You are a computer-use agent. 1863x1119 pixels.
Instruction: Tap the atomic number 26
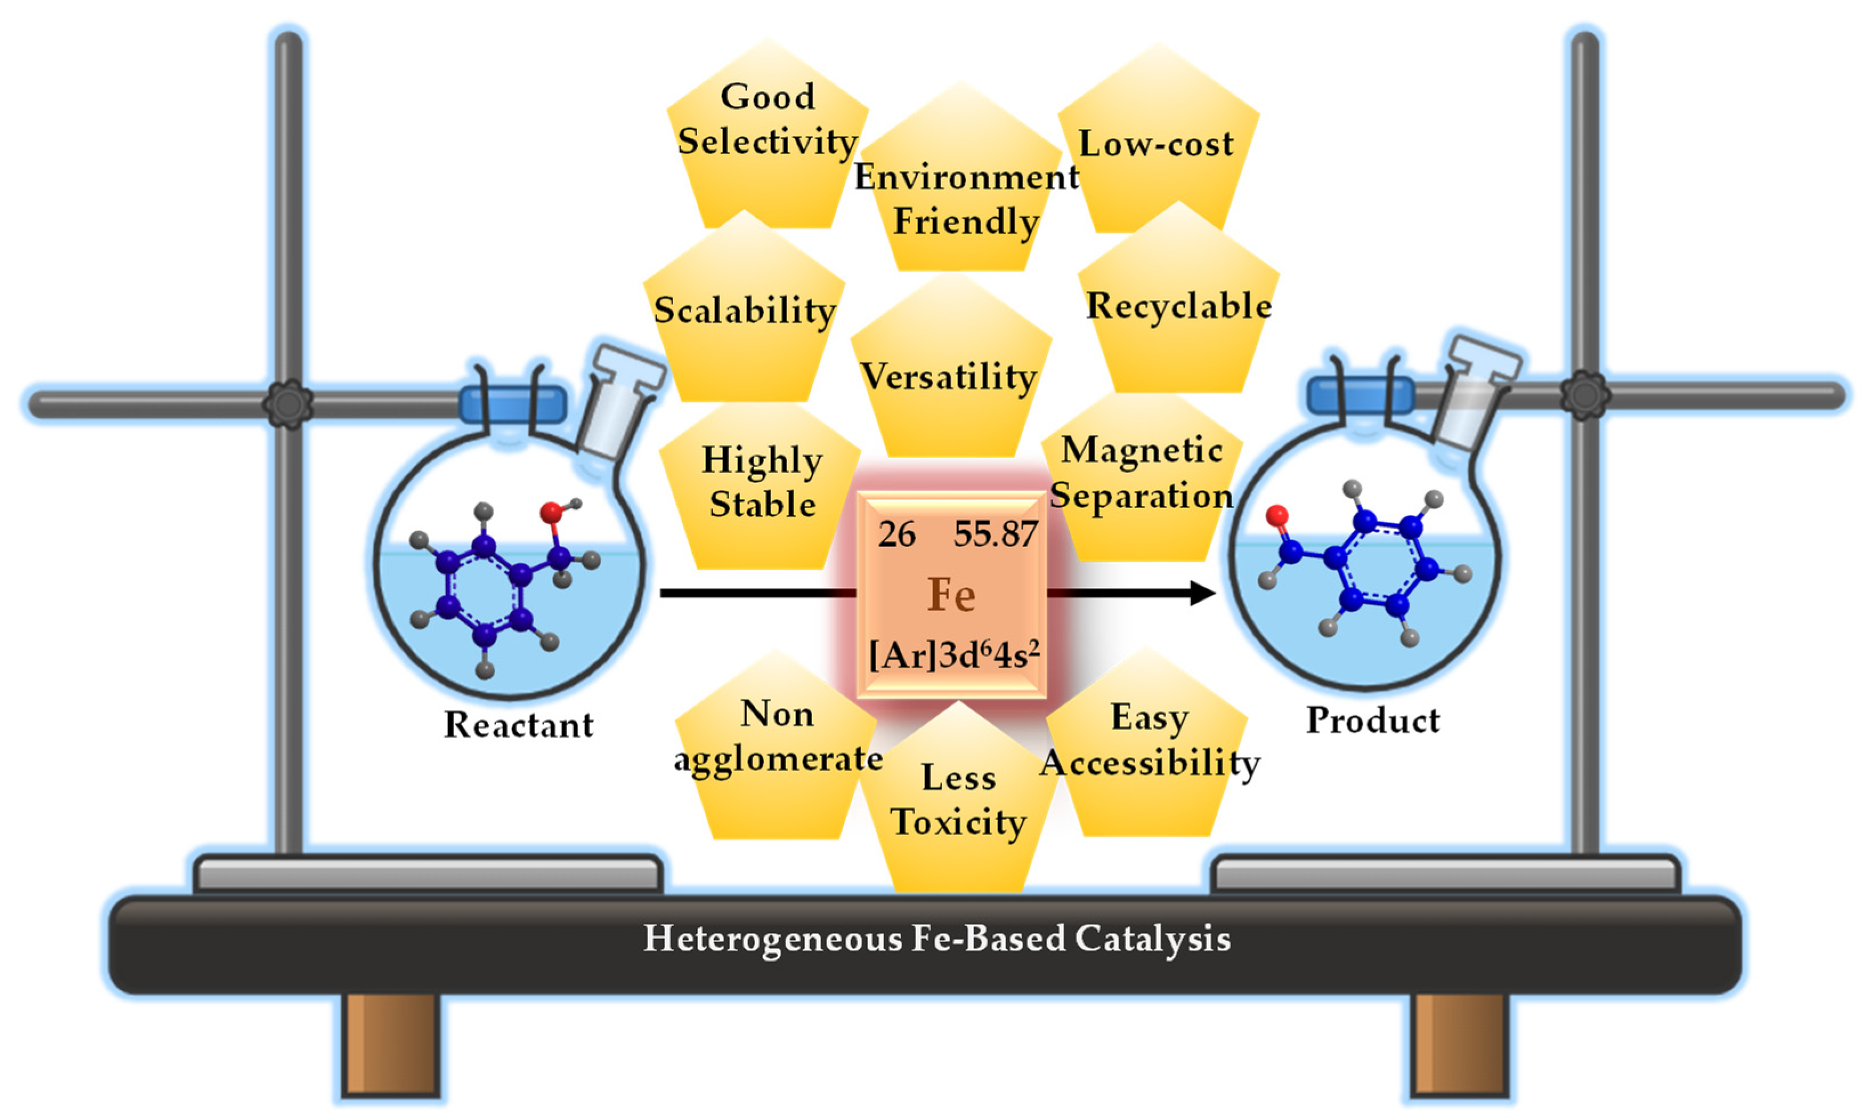click(x=896, y=534)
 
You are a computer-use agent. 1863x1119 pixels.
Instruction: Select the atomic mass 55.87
click(x=995, y=534)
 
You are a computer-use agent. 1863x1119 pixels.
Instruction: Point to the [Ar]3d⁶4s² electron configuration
click(x=953, y=655)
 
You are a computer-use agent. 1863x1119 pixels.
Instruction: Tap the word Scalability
click(x=744, y=310)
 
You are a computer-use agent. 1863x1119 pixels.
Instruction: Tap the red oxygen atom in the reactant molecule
click(x=551, y=513)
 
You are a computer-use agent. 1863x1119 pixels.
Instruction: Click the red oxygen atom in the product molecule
click(x=1276, y=516)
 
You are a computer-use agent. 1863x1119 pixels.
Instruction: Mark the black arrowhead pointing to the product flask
click(x=1203, y=593)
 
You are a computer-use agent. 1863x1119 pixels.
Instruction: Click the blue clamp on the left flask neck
click(x=513, y=404)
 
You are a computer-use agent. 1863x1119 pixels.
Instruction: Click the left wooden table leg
click(x=391, y=1044)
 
